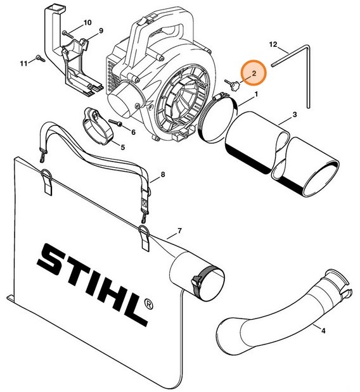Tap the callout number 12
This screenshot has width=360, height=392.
(273, 45)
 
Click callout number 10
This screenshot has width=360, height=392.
(87, 23)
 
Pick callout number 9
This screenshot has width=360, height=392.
(100, 31)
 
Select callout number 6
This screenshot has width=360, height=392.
(133, 132)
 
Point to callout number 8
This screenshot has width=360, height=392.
(163, 174)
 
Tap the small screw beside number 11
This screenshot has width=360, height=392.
(38, 59)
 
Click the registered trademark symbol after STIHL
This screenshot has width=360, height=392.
(147, 302)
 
